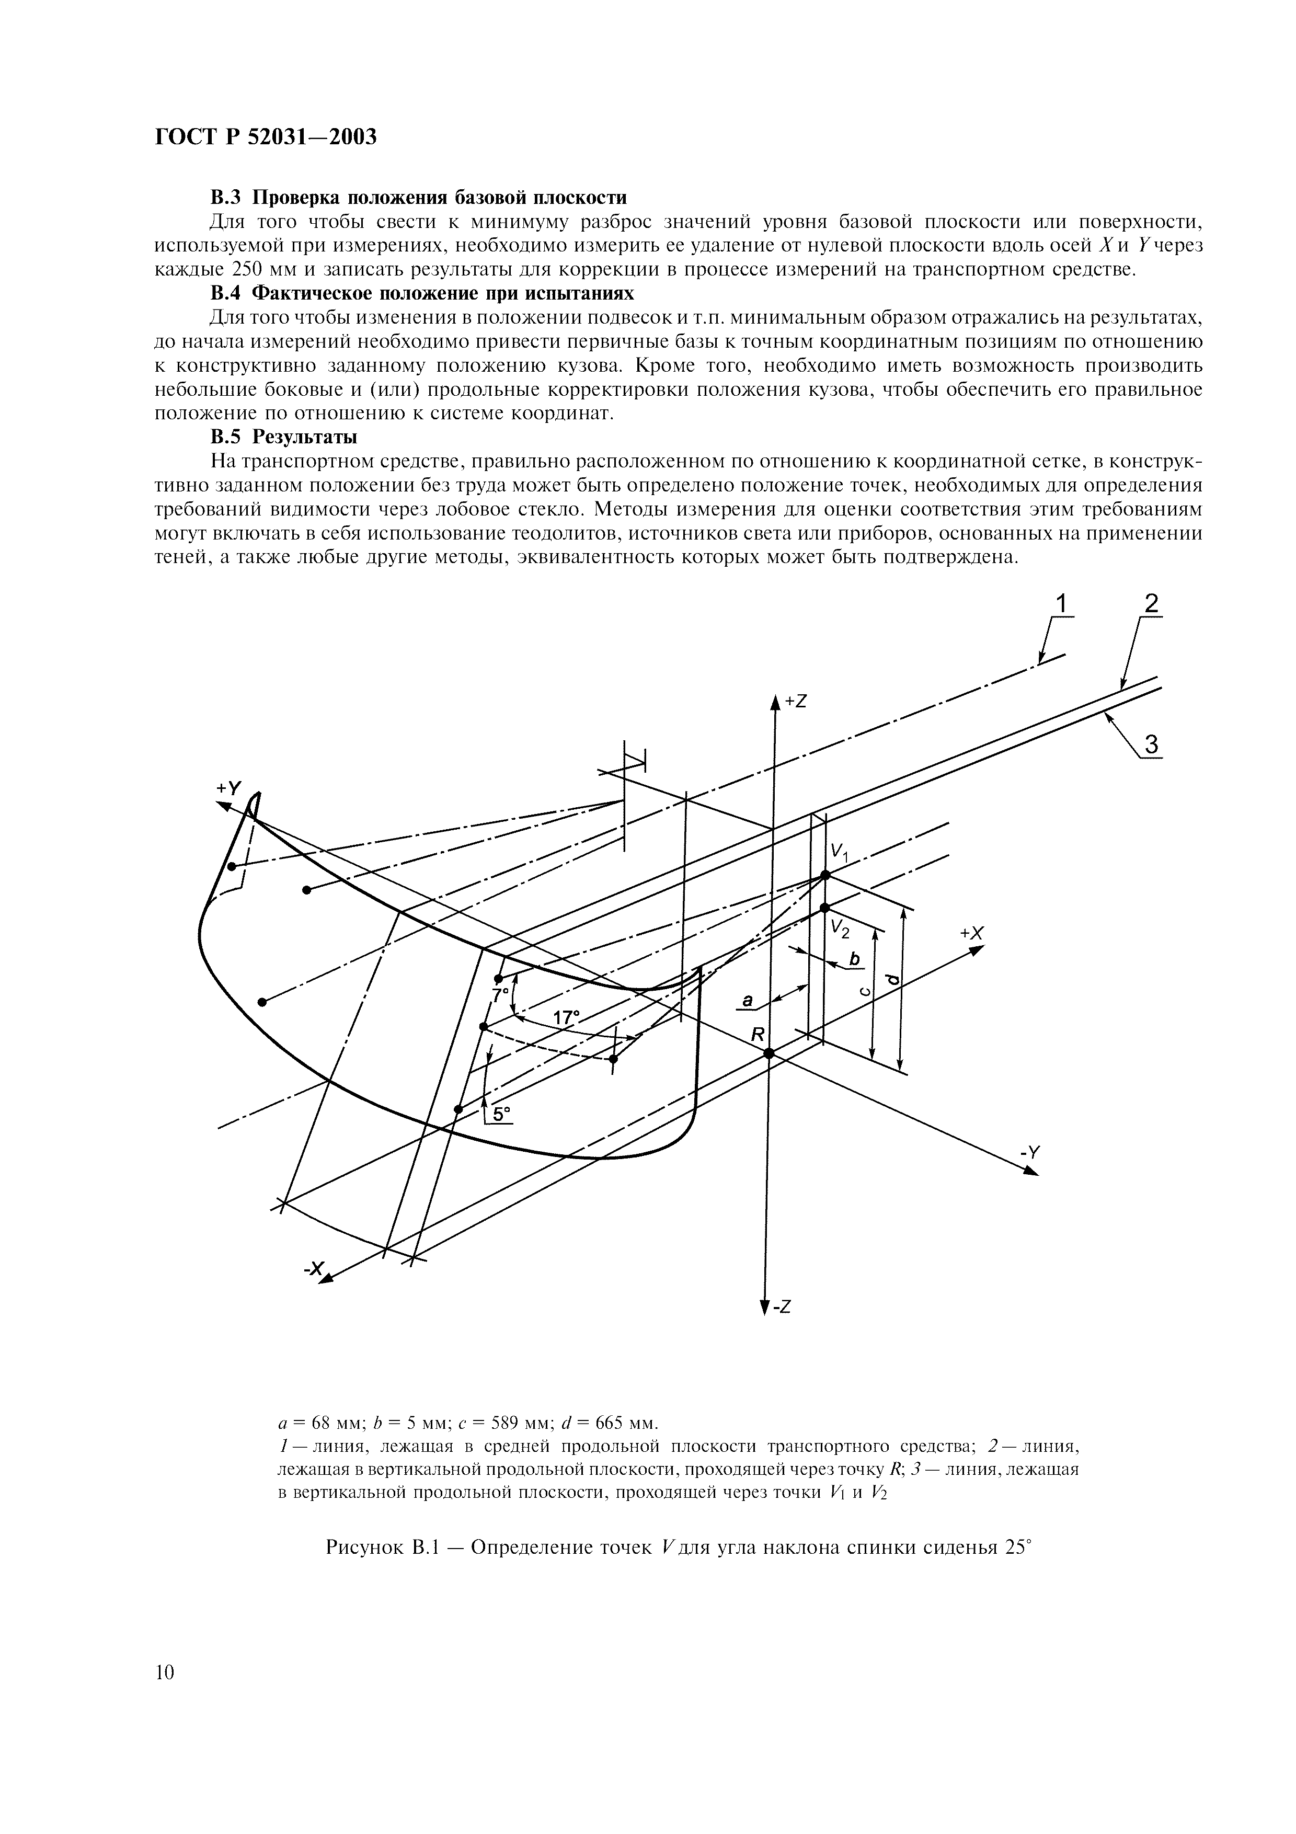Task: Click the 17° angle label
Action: [565, 1018]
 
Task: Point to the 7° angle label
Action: [500, 995]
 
